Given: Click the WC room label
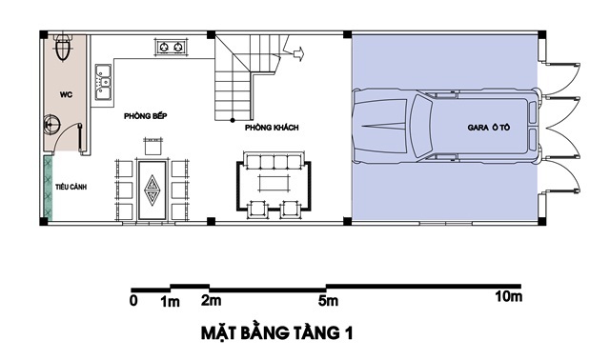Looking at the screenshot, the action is click(66, 94).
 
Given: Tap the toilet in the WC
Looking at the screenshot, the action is click(63, 48).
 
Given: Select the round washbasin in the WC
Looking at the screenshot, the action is click(51, 125).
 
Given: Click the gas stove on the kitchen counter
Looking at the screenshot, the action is click(172, 47).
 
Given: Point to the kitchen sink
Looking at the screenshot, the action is click(103, 82).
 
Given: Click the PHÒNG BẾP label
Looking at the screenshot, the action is click(146, 116).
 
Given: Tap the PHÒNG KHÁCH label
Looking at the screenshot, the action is click(272, 128).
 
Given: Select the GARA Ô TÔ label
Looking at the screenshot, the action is click(489, 127).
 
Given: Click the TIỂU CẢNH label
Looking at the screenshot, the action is click(71, 187).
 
